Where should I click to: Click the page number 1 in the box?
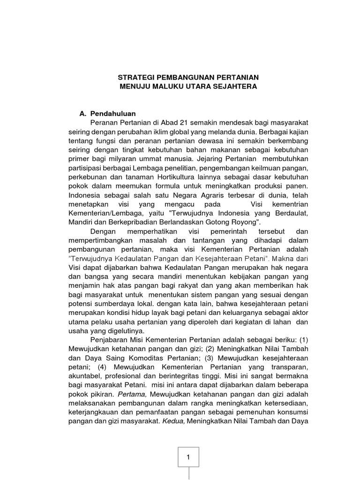pyautogui.click(x=188, y=457)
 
